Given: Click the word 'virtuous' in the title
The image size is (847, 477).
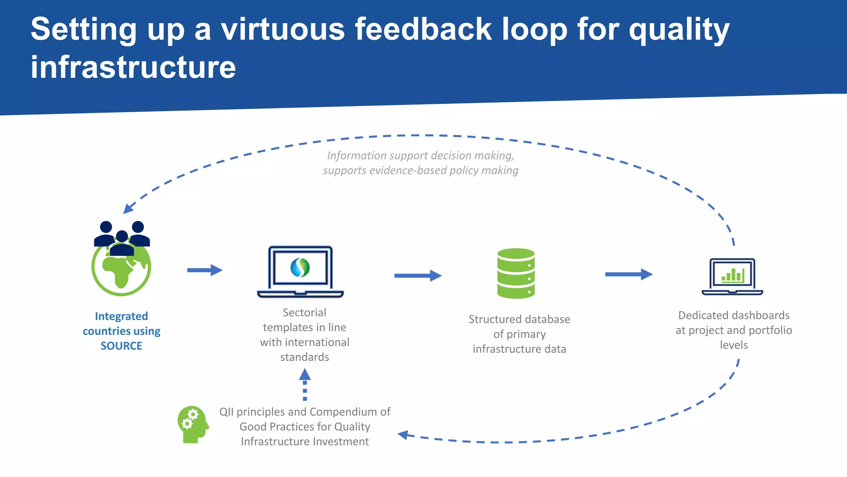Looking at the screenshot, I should (x=282, y=30).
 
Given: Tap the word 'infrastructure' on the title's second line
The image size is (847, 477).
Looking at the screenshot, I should (x=133, y=67).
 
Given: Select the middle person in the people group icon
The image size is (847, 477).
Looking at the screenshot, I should (x=122, y=244).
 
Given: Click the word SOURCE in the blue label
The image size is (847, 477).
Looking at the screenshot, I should (x=121, y=346).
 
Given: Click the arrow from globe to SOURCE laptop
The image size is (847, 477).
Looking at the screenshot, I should (x=205, y=270).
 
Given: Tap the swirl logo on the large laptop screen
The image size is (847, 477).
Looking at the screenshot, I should (x=300, y=267).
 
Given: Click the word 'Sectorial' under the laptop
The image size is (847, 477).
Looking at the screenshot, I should (x=304, y=313).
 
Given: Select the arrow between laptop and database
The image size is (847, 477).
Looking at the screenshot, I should (x=418, y=276).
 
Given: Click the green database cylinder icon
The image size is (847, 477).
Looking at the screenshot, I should (x=516, y=273).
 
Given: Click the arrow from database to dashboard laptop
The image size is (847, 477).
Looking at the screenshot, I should (x=629, y=274).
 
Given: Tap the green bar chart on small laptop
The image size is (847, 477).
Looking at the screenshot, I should (x=733, y=275).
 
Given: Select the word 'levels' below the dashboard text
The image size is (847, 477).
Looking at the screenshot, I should (x=734, y=345).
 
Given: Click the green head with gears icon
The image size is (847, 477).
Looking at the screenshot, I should (x=193, y=424).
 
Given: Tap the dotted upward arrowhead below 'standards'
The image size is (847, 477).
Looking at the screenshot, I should (x=305, y=374).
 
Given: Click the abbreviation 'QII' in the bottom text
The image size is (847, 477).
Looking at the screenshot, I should (x=226, y=412).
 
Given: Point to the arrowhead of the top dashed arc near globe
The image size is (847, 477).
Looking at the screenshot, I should (x=128, y=209).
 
